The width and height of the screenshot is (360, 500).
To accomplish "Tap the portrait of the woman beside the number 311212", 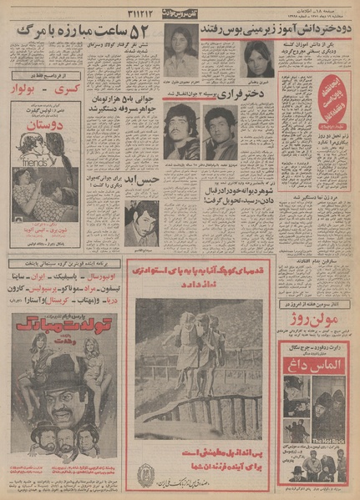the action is pyautogui.click(x=180, y=52).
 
